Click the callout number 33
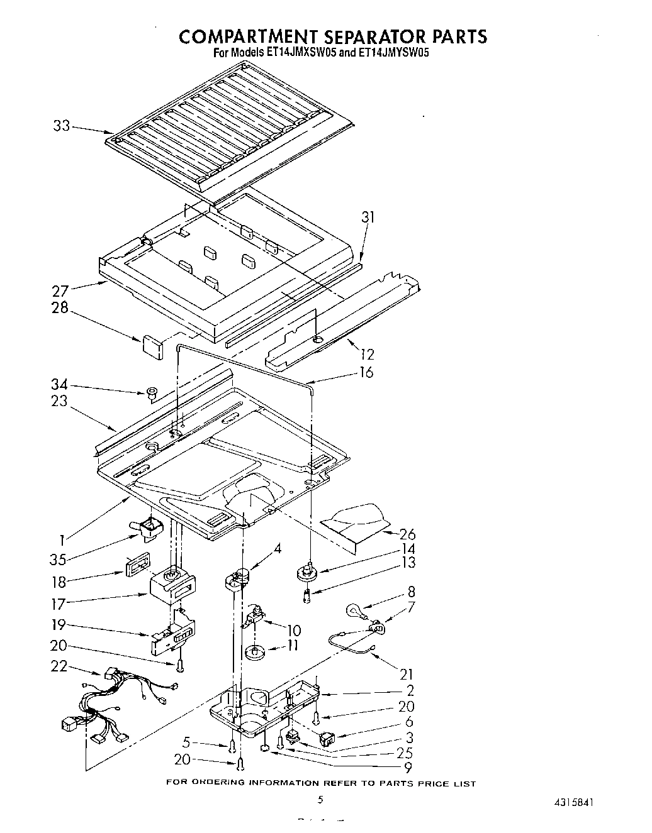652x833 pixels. click(61, 126)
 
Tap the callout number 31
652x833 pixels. click(368, 218)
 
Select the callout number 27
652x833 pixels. click(60, 290)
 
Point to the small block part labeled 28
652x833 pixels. click(152, 345)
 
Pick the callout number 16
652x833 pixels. click(364, 373)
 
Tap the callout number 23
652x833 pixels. click(59, 400)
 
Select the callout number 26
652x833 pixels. click(407, 534)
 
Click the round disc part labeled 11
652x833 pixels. click(256, 652)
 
